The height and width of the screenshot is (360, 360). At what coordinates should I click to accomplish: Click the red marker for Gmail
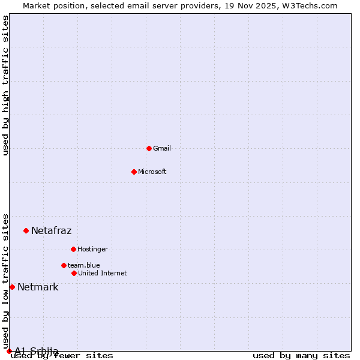coord(149,148)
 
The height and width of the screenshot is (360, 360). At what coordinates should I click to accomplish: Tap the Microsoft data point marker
coord(134,172)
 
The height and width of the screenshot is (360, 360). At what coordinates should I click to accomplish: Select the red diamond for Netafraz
coord(26,230)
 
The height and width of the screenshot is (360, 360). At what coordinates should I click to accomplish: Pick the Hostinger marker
coord(73,249)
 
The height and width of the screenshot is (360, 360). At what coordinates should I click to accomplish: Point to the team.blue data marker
coord(64,265)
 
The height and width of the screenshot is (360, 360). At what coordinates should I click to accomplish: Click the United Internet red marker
coord(74,273)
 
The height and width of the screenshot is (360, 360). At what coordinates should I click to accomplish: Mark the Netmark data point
coord(12,287)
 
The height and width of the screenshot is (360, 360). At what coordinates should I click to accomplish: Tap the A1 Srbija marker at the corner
coord(9,351)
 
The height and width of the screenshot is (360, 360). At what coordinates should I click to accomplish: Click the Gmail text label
coord(162,148)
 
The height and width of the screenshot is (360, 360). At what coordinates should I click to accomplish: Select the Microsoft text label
coord(152,172)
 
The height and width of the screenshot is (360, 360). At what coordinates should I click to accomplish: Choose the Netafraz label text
coord(51,230)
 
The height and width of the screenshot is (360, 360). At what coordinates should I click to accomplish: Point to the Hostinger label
coord(92,249)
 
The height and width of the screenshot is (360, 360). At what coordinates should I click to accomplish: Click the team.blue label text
coord(84,265)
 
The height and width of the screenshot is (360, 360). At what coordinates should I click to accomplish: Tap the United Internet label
coord(103,273)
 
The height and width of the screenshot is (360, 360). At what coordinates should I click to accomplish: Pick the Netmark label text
coord(38,287)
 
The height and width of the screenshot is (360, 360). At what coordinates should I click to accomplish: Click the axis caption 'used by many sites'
coord(301,356)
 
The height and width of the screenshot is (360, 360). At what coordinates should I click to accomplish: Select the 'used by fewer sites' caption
coord(62,356)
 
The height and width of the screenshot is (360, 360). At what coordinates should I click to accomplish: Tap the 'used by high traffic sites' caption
coord(6,85)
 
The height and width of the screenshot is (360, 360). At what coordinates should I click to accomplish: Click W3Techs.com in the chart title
coord(310,5)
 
